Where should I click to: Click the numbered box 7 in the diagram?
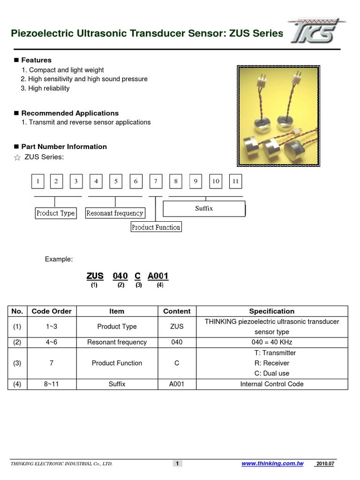click(156, 181)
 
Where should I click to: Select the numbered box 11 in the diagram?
click(236, 181)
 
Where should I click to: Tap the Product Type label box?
click(56, 213)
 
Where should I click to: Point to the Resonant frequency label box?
click(115, 213)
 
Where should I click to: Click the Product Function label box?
click(156, 227)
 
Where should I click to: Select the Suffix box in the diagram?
click(204, 209)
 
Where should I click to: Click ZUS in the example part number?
click(95, 276)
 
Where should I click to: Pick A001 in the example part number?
click(158, 276)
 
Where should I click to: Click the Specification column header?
click(272, 311)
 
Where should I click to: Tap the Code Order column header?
click(52, 311)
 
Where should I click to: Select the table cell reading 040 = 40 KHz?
click(272, 342)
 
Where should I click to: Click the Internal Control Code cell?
click(272, 384)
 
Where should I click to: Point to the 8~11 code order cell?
click(52, 384)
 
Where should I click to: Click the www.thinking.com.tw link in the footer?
click(272, 464)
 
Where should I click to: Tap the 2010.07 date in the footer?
click(325, 464)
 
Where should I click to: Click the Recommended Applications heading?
click(70, 113)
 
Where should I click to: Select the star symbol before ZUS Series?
click(17, 157)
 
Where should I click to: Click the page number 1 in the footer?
click(178, 464)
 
